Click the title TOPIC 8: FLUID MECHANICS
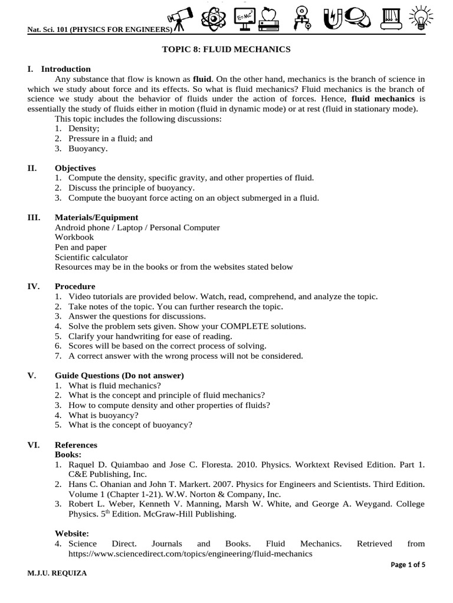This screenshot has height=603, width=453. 226,49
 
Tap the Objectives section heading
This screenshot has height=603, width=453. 75,168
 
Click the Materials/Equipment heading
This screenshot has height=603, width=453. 96,217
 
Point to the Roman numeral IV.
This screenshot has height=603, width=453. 33,287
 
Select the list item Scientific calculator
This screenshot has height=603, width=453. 91,257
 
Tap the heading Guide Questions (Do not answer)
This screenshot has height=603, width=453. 119,376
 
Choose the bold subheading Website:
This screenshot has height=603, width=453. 71,533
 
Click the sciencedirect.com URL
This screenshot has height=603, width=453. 190,554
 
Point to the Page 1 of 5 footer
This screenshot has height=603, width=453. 408,565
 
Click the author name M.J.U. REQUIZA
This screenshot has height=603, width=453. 57,574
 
